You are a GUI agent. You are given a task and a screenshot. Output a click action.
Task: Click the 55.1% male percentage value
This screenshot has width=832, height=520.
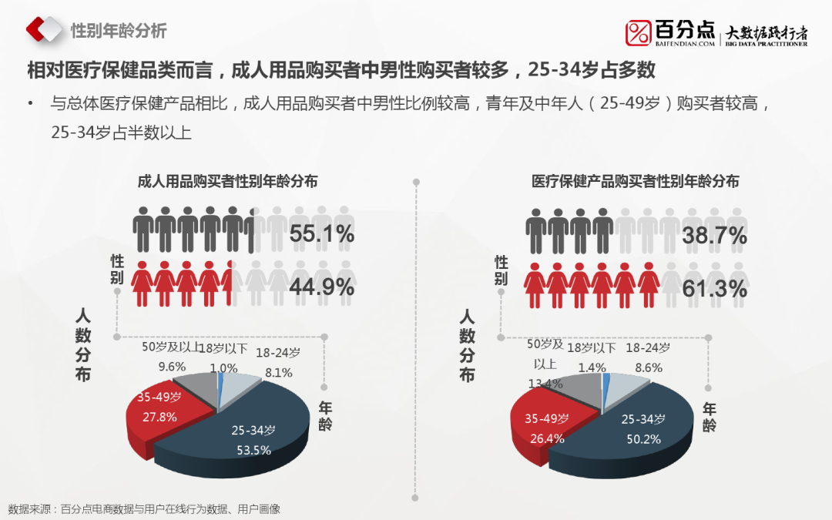click(322, 234)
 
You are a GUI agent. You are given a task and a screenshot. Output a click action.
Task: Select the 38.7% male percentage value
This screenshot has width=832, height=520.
click(715, 236)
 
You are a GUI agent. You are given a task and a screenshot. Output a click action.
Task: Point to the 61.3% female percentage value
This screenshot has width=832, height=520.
click(715, 289)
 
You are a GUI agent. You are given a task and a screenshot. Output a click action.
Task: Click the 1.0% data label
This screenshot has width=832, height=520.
click(223, 368)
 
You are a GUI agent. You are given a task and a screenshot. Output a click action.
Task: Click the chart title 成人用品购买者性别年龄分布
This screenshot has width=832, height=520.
click(227, 182)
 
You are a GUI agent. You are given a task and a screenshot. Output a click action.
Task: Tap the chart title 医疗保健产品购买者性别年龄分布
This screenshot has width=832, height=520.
click(636, 182)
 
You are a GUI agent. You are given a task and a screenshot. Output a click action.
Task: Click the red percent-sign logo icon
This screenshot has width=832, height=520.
click(639, 33)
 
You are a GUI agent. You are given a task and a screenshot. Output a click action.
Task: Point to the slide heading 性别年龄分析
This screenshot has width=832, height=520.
click(119, 32)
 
